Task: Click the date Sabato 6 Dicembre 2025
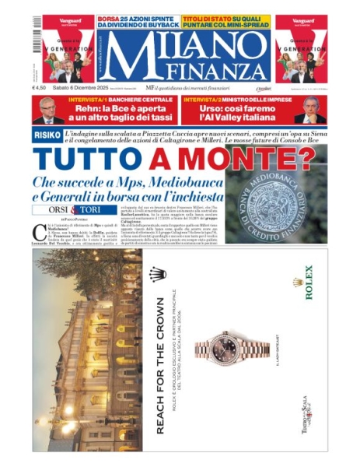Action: coord(85,87)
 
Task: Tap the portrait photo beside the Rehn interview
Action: coord(49,111)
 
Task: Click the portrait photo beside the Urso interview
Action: coord(310,111)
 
